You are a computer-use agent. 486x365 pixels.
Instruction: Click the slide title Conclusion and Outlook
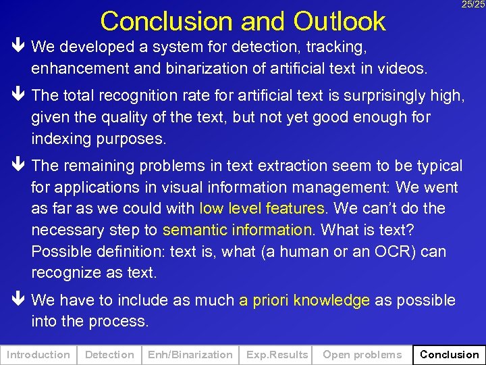click(x=242, y=21)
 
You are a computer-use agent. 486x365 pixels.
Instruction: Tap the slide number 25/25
click(x=473, y=5)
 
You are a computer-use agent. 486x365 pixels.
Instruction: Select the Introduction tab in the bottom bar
click(x=38, y=354)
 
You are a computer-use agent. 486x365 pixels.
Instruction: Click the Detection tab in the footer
click(x=109, y=354)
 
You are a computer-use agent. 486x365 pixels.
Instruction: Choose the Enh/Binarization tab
click(x=190, y=354)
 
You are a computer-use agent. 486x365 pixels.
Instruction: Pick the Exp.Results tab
click(x=277, y=354)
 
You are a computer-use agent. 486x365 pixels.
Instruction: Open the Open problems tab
click(x=362, y=354)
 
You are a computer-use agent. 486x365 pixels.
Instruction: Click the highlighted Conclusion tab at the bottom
click(x=449, y=354)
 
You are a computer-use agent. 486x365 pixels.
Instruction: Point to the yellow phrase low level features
click(x=262, y=208)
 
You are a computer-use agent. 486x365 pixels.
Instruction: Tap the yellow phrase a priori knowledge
click(x=304, y=300)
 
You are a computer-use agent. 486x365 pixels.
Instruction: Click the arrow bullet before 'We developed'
click(x=18, y=47)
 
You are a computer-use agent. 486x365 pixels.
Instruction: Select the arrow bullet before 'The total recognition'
click(x=18, y=96)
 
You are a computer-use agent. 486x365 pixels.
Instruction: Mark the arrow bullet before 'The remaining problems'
click(x=18, y=166)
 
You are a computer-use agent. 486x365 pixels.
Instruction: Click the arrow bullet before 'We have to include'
click(x=18, y=300)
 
